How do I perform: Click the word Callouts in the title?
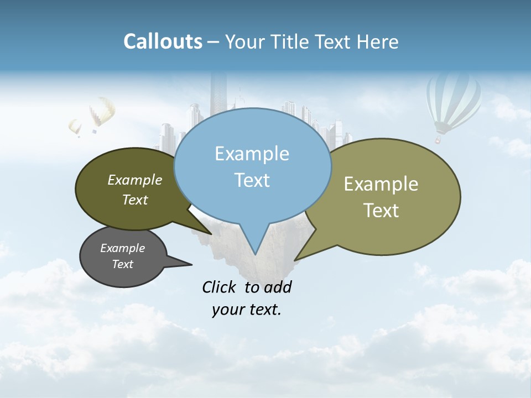coord(163,41)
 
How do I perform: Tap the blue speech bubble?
coord(252,166)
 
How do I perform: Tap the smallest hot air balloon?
coord(75,128)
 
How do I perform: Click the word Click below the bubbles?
coord(221,287)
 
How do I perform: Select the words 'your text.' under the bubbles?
coord(247,310)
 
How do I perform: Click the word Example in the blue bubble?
coord(252,154)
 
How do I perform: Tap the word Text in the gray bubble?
coord(123,264)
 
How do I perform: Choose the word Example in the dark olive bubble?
coord(135,180)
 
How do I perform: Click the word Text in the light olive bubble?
coord(381,210)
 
